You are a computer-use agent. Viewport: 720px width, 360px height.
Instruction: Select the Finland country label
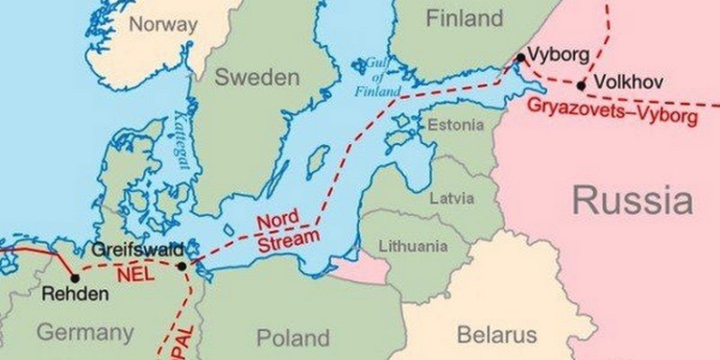click(465, 19)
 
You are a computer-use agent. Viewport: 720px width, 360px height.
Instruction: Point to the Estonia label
click(449, 125)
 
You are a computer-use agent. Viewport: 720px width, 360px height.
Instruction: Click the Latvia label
click(452, 199)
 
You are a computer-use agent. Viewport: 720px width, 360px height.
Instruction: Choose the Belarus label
click(496, 335)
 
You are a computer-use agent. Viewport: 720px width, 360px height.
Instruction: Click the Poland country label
click(293, 337)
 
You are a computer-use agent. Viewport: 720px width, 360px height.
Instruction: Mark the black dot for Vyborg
click(519, 58)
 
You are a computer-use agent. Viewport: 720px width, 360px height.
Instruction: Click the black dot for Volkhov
click(581, 85)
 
